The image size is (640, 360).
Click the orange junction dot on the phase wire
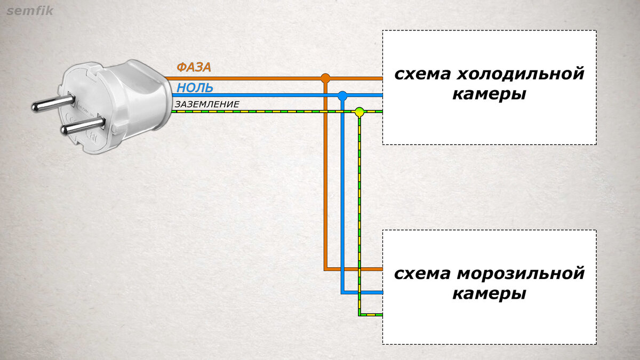325,78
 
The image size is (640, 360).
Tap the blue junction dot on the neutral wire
342,96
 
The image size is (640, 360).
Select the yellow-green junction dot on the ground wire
359,112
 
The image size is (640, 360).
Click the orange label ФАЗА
194,67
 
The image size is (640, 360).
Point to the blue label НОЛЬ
195,88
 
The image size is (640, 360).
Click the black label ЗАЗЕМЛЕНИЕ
207,105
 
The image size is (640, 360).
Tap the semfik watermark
30,10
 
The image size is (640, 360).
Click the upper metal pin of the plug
51,102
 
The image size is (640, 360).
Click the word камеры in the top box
489,94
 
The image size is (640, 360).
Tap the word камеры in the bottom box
489,294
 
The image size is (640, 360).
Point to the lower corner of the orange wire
325,268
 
